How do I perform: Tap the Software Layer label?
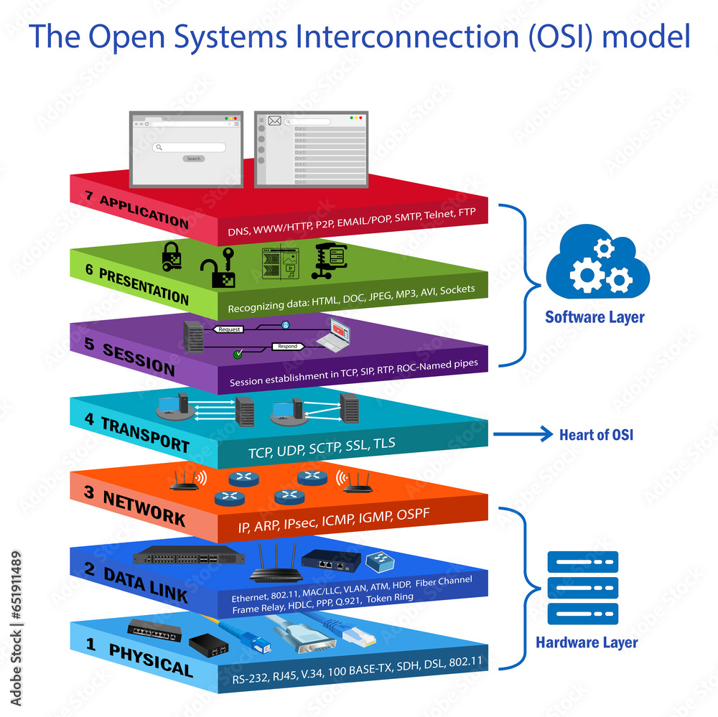click(595, 317)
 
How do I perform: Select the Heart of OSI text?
click(596, 434)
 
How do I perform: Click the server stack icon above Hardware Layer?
click(582, 588)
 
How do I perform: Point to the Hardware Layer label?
click(586, 642)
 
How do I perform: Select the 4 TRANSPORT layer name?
click(136, 433)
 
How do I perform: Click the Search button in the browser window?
click(193, 159)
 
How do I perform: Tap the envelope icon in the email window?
click(274, 121)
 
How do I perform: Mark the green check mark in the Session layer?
click(238, 354)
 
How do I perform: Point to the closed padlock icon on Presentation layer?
click(171, 256)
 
